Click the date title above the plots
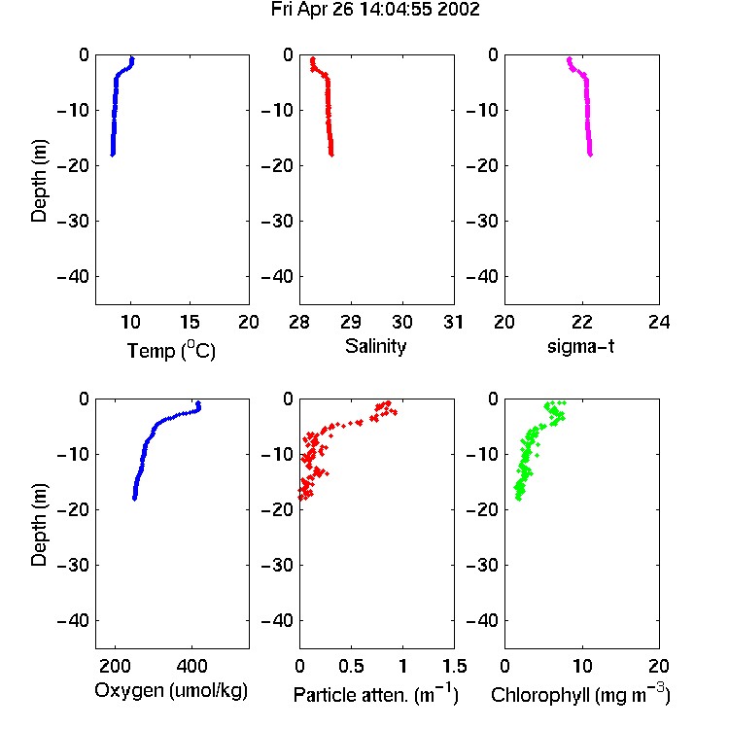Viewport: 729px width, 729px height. [375, 10]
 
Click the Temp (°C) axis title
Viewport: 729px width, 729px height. [171, 350]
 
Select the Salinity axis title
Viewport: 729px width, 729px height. [375, 346]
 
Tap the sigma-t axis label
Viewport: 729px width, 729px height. [580, 346]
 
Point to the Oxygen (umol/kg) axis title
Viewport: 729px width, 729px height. [171, 690]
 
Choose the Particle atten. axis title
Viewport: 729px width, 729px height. [376, 694]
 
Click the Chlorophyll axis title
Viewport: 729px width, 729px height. [580, 694]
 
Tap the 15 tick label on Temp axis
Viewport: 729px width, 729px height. [190, 322]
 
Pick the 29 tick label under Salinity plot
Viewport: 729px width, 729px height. [351, 322]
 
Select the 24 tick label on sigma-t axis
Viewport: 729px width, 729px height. [659, 322]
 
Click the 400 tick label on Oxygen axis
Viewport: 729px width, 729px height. [191, 666]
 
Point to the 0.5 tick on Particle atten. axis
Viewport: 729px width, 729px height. [351, 666]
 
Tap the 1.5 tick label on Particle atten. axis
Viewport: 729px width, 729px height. [454, 666]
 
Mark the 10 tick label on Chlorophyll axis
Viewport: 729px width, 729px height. [582, 666]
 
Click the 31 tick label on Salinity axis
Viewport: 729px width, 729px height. [453, 322]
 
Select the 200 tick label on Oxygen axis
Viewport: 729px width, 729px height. [115, 666]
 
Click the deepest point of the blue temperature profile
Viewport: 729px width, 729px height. [112, 155]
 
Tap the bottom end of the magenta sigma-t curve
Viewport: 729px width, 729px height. [590, 155]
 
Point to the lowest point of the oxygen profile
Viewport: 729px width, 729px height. [134, 499]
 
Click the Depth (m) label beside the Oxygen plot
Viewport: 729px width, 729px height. [39, 525]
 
